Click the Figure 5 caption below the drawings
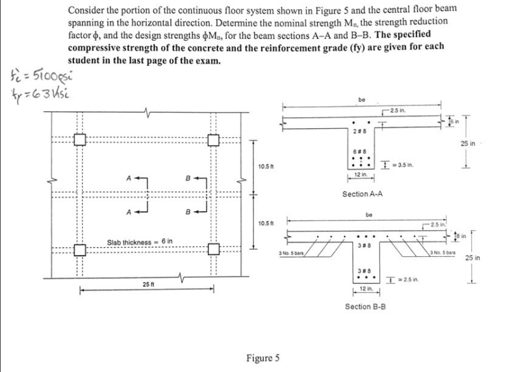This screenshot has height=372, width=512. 263,358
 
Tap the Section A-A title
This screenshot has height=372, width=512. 363,194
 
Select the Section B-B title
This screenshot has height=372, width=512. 366,306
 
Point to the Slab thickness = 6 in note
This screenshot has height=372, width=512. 139,242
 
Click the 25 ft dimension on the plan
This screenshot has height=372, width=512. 151,284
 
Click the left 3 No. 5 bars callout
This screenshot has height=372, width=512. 292,252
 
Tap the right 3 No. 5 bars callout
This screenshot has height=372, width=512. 445,252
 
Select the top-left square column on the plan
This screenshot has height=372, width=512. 79,139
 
